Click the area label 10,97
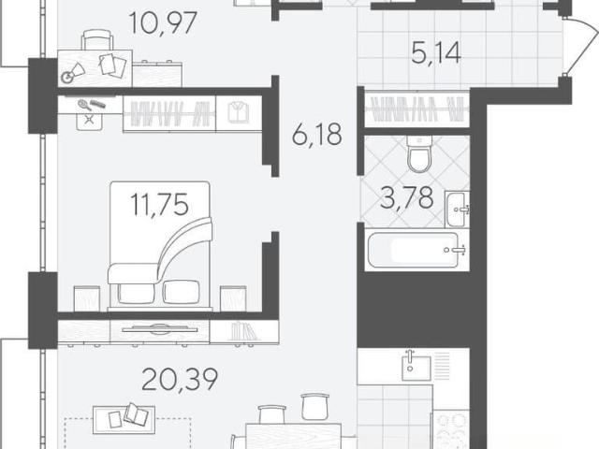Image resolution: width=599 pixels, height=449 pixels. [163, 23]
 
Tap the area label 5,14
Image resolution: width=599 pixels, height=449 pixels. [436, 53]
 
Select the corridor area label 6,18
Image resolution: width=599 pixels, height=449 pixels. [316, 135]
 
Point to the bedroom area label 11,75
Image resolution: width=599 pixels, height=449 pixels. [159, 205]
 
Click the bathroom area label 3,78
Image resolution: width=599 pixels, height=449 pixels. [407, 197]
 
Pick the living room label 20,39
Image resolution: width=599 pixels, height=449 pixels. [180, 379]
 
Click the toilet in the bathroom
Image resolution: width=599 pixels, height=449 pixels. [419, 153]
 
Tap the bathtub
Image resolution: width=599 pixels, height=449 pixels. [415, 250]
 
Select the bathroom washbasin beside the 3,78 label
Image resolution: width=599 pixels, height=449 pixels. [457, 209]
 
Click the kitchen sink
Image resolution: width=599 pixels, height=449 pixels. [416, 368]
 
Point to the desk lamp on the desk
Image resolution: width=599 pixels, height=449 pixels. [73, 73]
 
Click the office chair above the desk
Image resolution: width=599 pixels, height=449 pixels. [97, 39]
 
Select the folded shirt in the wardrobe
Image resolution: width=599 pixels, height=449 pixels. [239, 112]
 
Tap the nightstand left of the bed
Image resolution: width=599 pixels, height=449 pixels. [87, 298]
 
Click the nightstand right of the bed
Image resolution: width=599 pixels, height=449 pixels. [233, 298]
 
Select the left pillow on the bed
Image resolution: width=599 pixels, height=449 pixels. [135, 292]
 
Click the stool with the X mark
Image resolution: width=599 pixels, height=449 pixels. [89, 119]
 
